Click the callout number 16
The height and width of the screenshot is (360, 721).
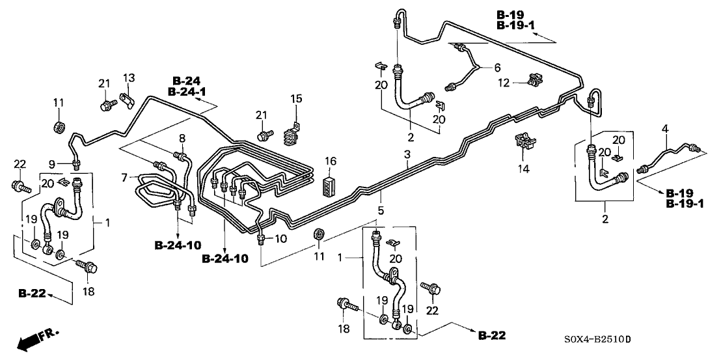tap(331, 161)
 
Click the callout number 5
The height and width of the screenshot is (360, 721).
tap(381, 211)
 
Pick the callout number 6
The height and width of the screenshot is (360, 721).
tap(498, 68)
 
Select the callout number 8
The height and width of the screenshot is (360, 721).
tap(182, 138)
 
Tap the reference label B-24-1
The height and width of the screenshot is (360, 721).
tap(186, 92)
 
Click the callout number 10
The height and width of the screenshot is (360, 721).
tap(280, 239)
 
